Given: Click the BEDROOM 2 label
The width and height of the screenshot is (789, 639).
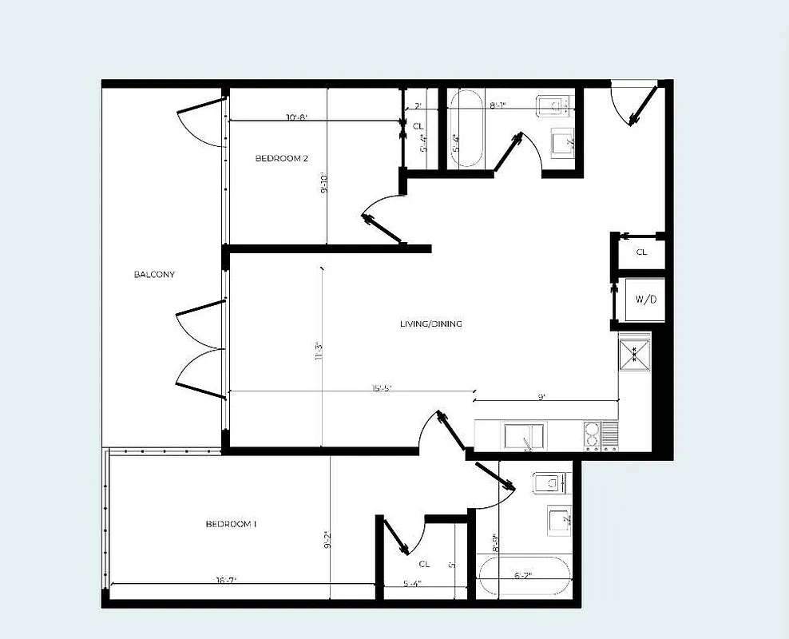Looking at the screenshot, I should point(281,158).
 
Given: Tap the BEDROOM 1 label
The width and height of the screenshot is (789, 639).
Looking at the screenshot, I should point(231,524).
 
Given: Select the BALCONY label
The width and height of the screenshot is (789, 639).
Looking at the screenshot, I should point(154,275).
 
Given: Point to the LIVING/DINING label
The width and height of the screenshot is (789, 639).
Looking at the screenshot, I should point(431,323).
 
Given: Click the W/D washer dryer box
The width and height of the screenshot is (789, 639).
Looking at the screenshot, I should point(645,300).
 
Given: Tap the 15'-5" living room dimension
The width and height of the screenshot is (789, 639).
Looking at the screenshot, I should point(382,389).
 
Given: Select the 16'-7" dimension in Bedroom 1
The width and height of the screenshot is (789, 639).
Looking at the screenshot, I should point(225,581).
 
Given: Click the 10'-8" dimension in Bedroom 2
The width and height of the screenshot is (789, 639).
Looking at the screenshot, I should point(296,118).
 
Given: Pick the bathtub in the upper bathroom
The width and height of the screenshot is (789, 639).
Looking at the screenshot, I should point(466,129).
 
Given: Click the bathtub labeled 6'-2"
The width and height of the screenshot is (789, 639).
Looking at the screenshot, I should point(524,575).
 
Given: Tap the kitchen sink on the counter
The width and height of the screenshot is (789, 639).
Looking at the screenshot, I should point(524,437).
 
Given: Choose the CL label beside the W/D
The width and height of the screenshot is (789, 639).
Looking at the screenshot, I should point(641,252).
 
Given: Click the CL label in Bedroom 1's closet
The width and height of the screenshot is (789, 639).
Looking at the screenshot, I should point(424,564).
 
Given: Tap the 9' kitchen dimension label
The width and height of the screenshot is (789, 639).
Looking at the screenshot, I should point(541,397).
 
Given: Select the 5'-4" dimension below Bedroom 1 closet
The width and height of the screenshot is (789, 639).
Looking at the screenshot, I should point(412,584).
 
